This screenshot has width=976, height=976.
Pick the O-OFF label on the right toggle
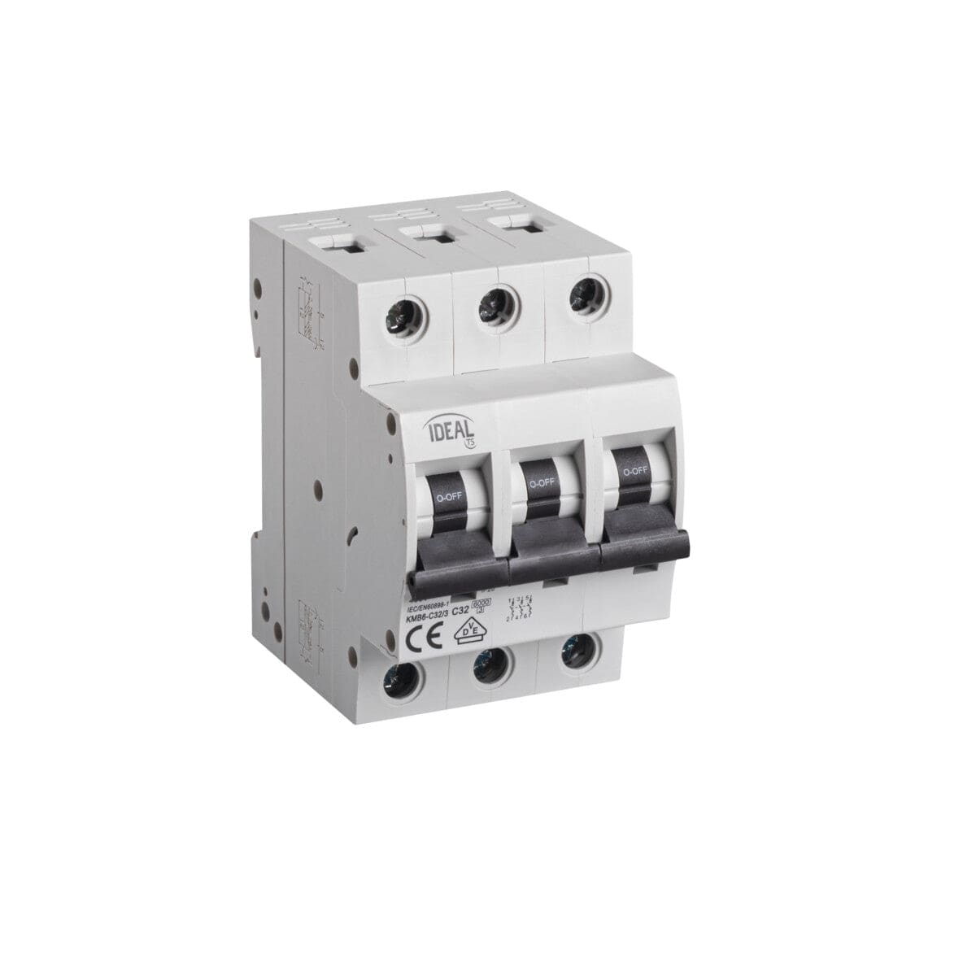[x=634, y=471]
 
